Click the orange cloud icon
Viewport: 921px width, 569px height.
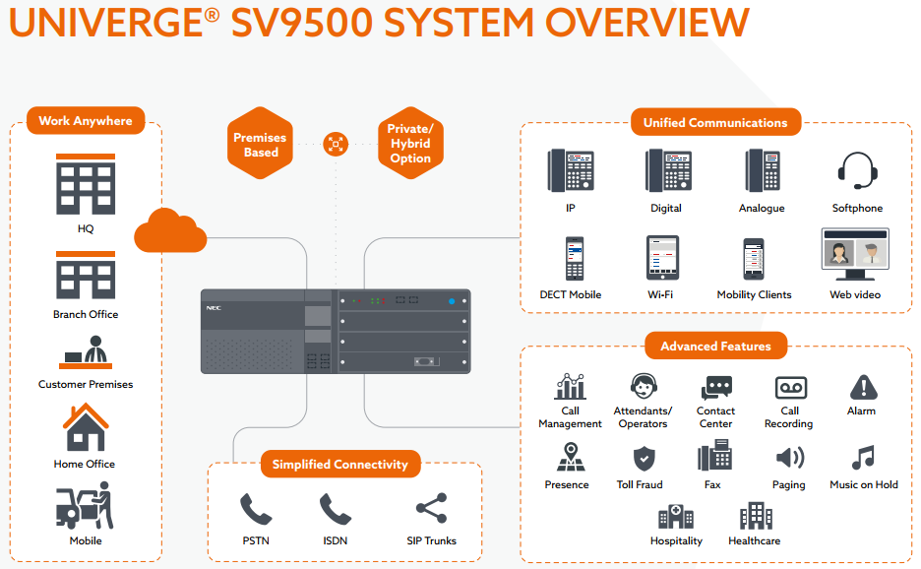coord(170,231)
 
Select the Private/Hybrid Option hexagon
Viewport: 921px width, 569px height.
coord(409,144)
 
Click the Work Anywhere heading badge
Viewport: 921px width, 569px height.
coord(86,121)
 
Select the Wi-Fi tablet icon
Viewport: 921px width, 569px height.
coord(662,258)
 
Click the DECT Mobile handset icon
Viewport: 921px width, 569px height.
coord(575,258)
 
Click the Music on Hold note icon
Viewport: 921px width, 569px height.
coord(863,459)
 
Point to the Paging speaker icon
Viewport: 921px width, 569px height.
coord(789,459)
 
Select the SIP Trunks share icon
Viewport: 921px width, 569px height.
coord(431,509)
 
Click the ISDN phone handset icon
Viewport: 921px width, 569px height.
coord(336,509)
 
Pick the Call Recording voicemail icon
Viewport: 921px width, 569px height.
coord(790,387)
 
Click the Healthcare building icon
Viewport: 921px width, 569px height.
coord(756,516)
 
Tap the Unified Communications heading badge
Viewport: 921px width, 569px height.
coord(715,123)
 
